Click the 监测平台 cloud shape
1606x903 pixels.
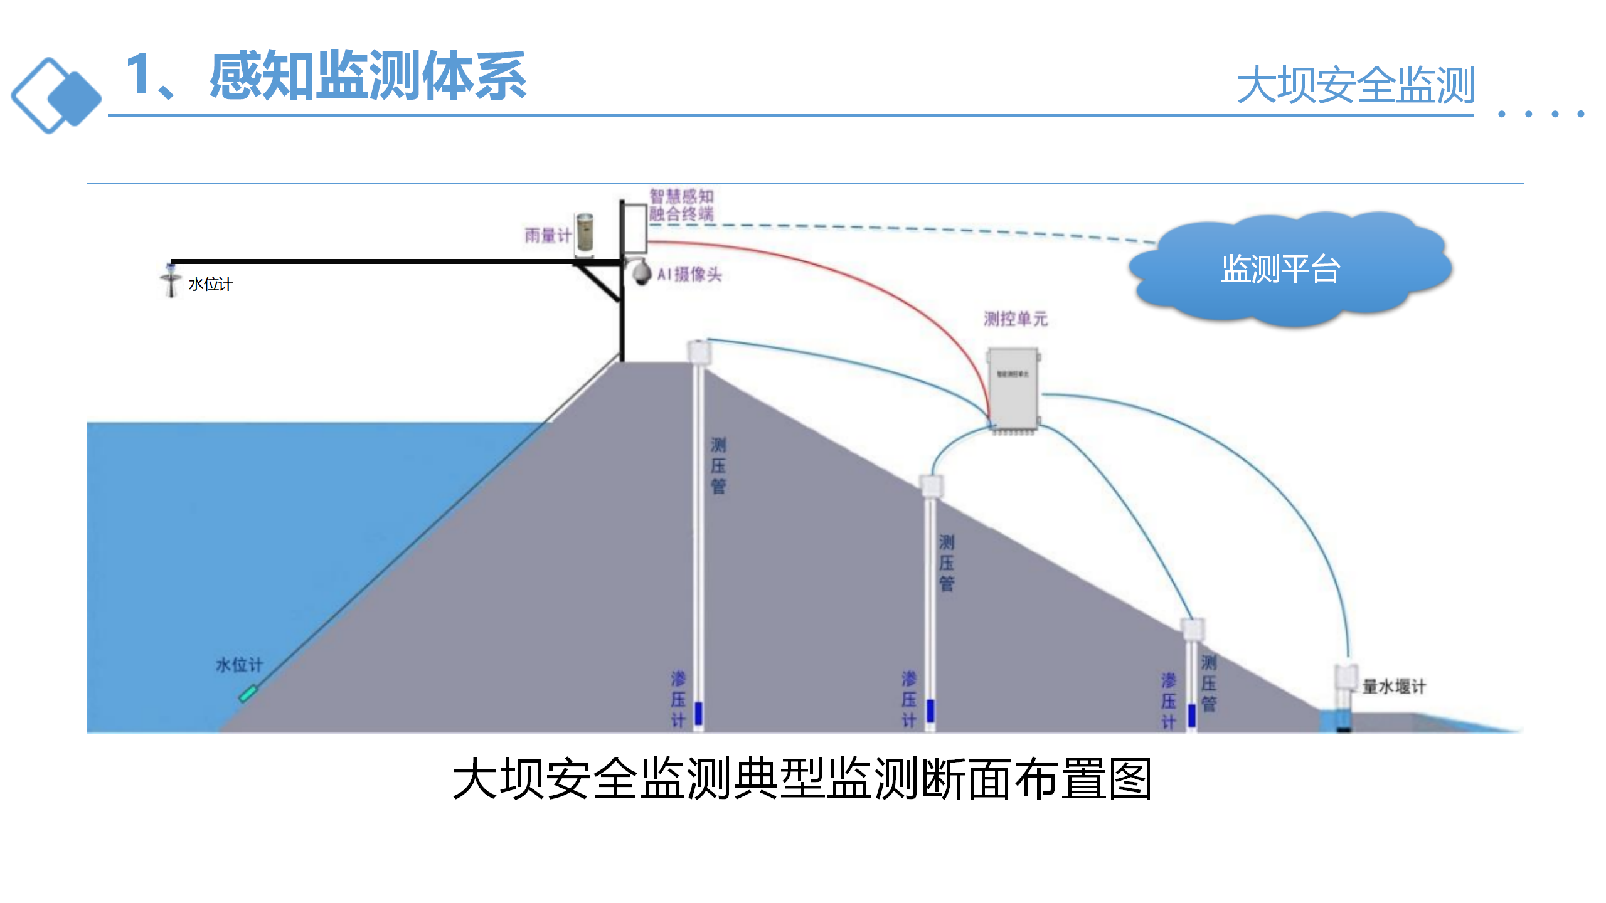click(x=1286, y=270)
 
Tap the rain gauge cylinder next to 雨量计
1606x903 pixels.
click(x=584, y=235)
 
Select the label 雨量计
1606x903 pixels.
click(x=547, y=235)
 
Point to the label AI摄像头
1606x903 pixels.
click(x=690, y=274)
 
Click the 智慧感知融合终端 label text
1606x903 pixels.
click(x=681, y=205)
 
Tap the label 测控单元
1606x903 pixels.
click(x=1016, y=319)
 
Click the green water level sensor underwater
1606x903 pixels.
click(x=248, y=694)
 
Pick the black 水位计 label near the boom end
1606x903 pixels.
click(x=211, y=285)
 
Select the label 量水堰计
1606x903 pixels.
click(x=1394, y=686)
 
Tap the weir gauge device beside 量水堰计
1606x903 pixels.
click(x=1344, y=684)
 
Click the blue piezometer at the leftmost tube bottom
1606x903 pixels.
click(x=698, y=714)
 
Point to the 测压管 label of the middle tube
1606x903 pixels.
click(x=946, y=562)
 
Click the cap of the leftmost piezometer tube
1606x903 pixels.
click(x=699, y=351)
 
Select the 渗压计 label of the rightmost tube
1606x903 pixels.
click(x=1168, y=701)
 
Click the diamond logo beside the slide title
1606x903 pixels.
click(x=56, y=95)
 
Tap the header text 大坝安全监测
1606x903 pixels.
click(x=1355, y=85)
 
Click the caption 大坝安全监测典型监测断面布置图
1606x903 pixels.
click(x=802, y=779)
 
